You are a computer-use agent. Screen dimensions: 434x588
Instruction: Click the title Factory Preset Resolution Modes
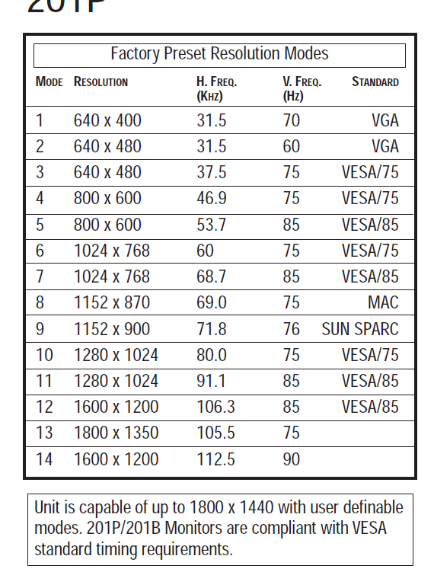coord(219,53)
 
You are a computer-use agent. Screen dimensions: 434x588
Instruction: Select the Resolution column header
coord(101,81)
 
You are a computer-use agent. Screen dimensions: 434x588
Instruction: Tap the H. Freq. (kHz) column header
coord(217,88)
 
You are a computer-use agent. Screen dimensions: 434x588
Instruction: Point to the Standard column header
coord(375,81)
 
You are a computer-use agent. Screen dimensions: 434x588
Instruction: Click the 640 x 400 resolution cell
coord(107,120)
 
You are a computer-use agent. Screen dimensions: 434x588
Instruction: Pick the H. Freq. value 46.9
coord(212,198)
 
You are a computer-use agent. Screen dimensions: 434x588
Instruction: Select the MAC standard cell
coord(383,302)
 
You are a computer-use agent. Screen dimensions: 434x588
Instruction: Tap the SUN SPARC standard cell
coord(360,329)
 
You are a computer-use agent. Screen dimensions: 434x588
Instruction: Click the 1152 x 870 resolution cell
coord(112,302)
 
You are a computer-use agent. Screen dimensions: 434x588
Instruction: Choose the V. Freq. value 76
coord(291,329)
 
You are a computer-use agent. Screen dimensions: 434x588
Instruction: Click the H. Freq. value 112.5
coord(215,459)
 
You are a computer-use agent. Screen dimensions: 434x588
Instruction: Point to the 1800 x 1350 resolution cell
coord(116,433)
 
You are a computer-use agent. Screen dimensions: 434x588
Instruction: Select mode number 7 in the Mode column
coord(40,276)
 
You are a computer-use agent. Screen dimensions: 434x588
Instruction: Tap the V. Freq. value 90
coord(291,459)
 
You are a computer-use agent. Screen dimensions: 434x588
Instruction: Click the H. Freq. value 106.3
coord(215,407)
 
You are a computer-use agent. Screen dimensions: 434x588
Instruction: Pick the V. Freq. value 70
coord(291,120)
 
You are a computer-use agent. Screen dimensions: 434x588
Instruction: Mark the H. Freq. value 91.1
coord(211,381)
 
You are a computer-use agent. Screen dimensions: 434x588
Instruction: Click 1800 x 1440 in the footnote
coord(231,507)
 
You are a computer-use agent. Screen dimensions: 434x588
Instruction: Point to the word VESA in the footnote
coord(369,528)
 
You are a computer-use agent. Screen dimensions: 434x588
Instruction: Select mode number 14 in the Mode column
coord(44,459)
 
